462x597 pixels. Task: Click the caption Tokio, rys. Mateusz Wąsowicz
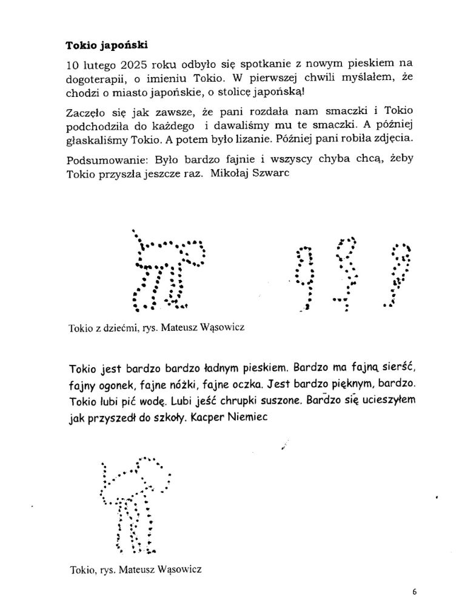[x=135, y=569]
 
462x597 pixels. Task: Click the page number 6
[x=414, y=592]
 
